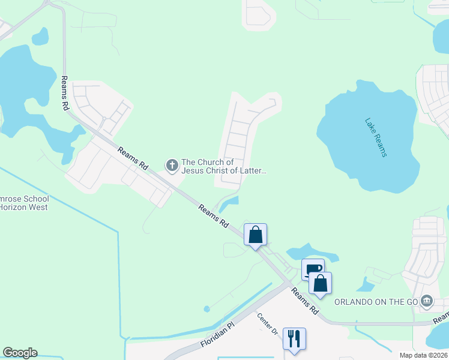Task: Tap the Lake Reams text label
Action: (x=376, y=137)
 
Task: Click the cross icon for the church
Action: (x=172, y=164)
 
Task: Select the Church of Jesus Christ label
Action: (x=224, y=167)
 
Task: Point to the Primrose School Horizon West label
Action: (x=24, y=203)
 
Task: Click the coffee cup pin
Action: (x=312, y=269)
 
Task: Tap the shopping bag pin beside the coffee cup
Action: (x=321, y=283)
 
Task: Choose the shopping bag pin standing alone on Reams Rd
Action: (x=255, y=235)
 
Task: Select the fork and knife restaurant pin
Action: (x=294, y=339)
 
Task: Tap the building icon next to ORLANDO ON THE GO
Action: (x=427, y=300)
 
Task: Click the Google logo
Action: (x=20, y=353)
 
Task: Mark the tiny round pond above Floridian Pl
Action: (x=207, y=309)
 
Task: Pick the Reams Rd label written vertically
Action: (x=64, y=93)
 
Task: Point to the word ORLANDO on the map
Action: (x=356, y=301)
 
